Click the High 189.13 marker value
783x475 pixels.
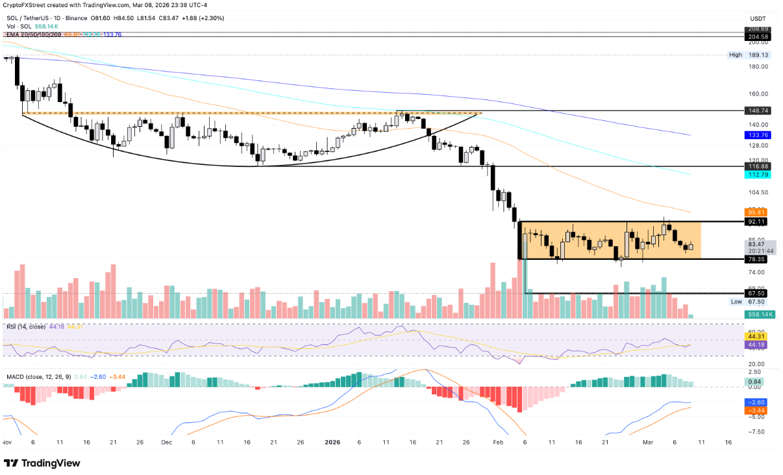click(x=758, y=55)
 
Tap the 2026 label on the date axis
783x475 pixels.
click(x=332, y=442)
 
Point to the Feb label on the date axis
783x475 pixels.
click(x=498, y=442)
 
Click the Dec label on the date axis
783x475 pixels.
click(x=166, y=442)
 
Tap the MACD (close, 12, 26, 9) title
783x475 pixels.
click(x=41, y=375)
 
